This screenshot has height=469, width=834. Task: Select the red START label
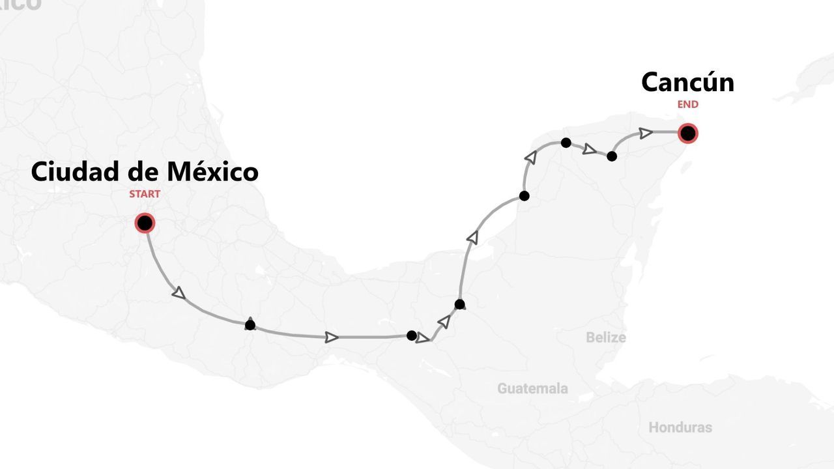144,194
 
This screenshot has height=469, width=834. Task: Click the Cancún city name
687,83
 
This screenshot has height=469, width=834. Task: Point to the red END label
687,104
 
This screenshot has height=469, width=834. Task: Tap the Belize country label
605,337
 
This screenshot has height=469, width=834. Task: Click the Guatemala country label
532,389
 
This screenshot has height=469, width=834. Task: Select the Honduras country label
680,428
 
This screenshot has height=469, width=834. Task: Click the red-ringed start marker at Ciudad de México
145,223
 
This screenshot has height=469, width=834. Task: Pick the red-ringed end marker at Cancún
687,134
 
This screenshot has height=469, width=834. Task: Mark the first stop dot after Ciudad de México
250,325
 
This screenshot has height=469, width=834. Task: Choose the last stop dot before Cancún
612,156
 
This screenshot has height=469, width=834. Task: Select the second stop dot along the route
411,335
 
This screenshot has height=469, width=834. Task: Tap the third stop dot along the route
459,304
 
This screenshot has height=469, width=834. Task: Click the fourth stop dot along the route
524,196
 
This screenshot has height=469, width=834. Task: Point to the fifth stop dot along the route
566,143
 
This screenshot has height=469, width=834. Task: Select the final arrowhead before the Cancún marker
646,133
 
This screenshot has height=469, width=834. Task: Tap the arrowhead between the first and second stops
332,337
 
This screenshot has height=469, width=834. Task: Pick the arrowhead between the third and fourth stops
472,238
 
